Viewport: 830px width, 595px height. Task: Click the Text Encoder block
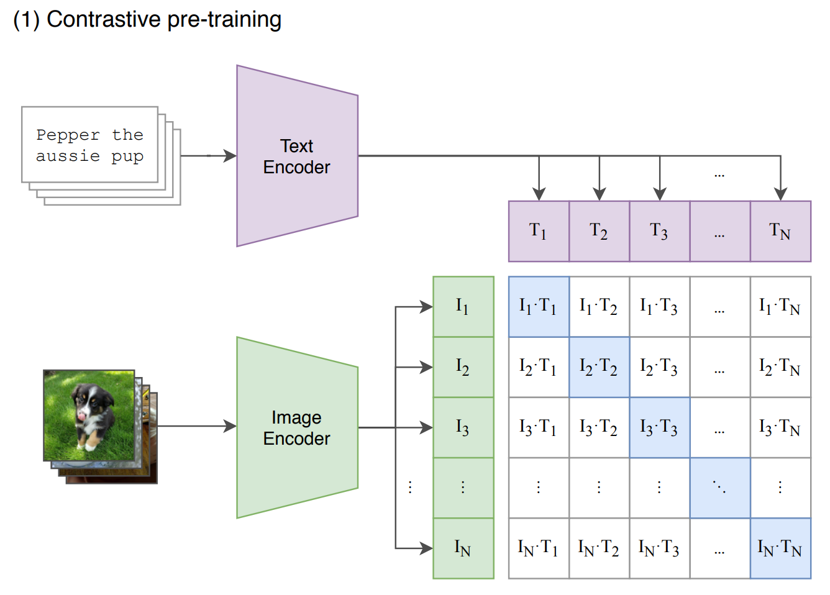[x=297, y=156]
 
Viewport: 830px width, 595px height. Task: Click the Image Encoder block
[x=297, y=428]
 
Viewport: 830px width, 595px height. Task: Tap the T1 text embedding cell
[x=539, y=232]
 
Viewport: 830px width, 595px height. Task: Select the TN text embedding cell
[x=780, y=232]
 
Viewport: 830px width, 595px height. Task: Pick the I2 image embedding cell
[x=463, y=367]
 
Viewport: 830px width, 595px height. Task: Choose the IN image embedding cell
[x=463, y=548]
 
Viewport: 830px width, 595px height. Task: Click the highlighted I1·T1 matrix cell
[x=539, y=307]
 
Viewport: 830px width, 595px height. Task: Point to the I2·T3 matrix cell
[x=660, y=367]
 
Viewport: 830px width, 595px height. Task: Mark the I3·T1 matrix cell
[x=539, y=428]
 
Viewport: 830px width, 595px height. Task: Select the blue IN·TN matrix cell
[x=780, y=548]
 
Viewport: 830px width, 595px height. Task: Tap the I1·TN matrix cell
[x=780, y=307]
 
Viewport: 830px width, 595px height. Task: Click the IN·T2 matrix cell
[x=599, y=548]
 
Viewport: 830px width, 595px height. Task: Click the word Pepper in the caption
[x=68, y=135]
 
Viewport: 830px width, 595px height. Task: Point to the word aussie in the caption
[x=68, y=156]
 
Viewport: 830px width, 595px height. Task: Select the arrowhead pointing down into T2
[x=600, y=194]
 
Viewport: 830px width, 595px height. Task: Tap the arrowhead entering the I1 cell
[x=426, y=307]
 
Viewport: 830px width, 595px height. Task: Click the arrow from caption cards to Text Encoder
[x=209, y=156]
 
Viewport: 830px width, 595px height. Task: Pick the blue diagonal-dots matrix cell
[x=720, y=488]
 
